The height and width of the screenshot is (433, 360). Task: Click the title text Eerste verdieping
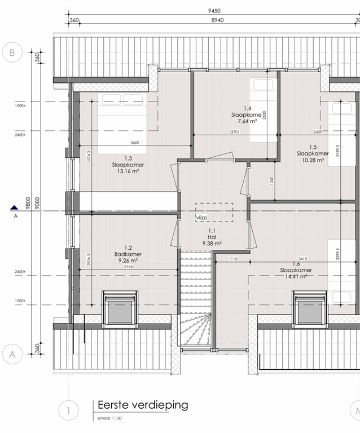tap(143, 405)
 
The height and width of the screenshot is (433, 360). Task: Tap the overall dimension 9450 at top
tap(214, 11)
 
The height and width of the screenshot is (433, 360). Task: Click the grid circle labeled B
tap(12, 53)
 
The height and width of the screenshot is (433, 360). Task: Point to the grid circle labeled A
tap(12, 354)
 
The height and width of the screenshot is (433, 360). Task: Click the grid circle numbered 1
tap(68, 410)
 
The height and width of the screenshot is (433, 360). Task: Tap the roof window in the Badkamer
tap(119, 309)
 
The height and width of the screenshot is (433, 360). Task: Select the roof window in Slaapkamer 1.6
tap(310, 309)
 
